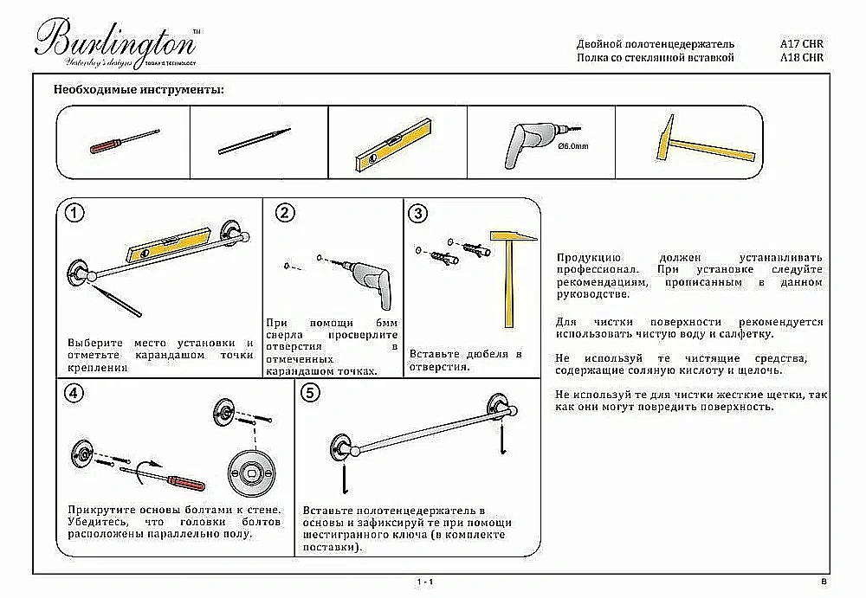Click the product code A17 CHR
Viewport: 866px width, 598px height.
point(801,43)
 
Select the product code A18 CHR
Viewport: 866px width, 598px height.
point(801,58)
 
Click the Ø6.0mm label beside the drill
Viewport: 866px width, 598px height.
point(573,146)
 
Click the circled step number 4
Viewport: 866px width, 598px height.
point(75,394)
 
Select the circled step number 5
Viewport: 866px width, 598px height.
point(310,394)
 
